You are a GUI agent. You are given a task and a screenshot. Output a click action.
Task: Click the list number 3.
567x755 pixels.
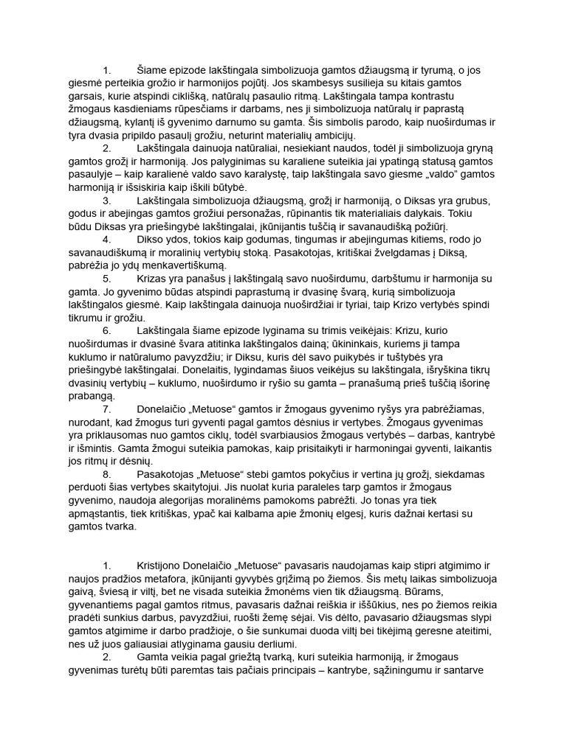pos(106,201)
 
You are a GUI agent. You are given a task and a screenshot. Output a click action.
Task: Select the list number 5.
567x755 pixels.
pos(106,278)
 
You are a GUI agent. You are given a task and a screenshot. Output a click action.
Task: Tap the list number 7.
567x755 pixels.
pos(106,408)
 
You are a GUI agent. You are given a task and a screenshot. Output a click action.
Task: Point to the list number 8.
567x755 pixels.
pos(106,473)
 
